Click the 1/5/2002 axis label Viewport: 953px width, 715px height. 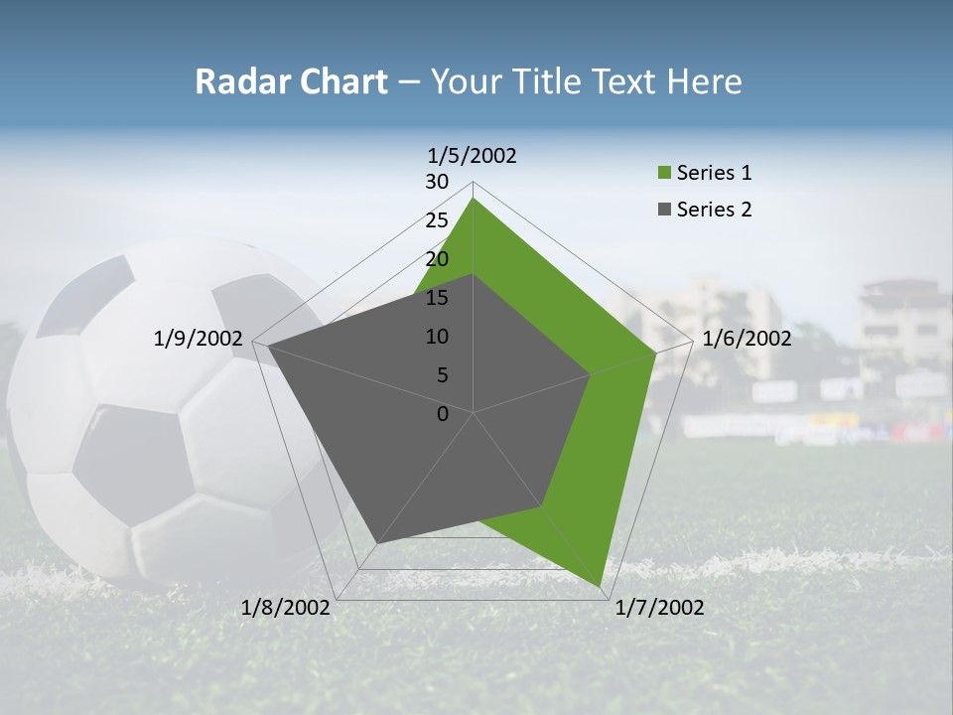pos(473,156)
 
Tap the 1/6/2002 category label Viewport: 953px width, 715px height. pos(747,339)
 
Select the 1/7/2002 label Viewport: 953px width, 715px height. pos(659,608)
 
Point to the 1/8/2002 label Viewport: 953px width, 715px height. pos(286,608)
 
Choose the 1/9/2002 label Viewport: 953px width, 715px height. pos(199,339)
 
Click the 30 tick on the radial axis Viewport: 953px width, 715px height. pos(437,182)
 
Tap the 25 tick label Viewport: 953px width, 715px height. pos(437,220)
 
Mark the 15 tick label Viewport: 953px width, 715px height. pos(437,298)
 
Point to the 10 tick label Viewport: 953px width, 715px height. pos(437,337)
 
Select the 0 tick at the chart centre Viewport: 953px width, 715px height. pos(443,414)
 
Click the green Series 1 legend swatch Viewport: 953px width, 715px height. pos(664,174)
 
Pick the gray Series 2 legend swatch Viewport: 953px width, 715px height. pos(664,210)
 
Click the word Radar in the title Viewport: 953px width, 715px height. pos(240,81)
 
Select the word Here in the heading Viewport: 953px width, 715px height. pos(705,81)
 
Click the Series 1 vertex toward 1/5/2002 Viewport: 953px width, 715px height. pos(474,198)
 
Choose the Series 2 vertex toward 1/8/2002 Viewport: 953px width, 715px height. pos(377,543)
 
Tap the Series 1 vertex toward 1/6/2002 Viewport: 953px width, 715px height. pos(656,353)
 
